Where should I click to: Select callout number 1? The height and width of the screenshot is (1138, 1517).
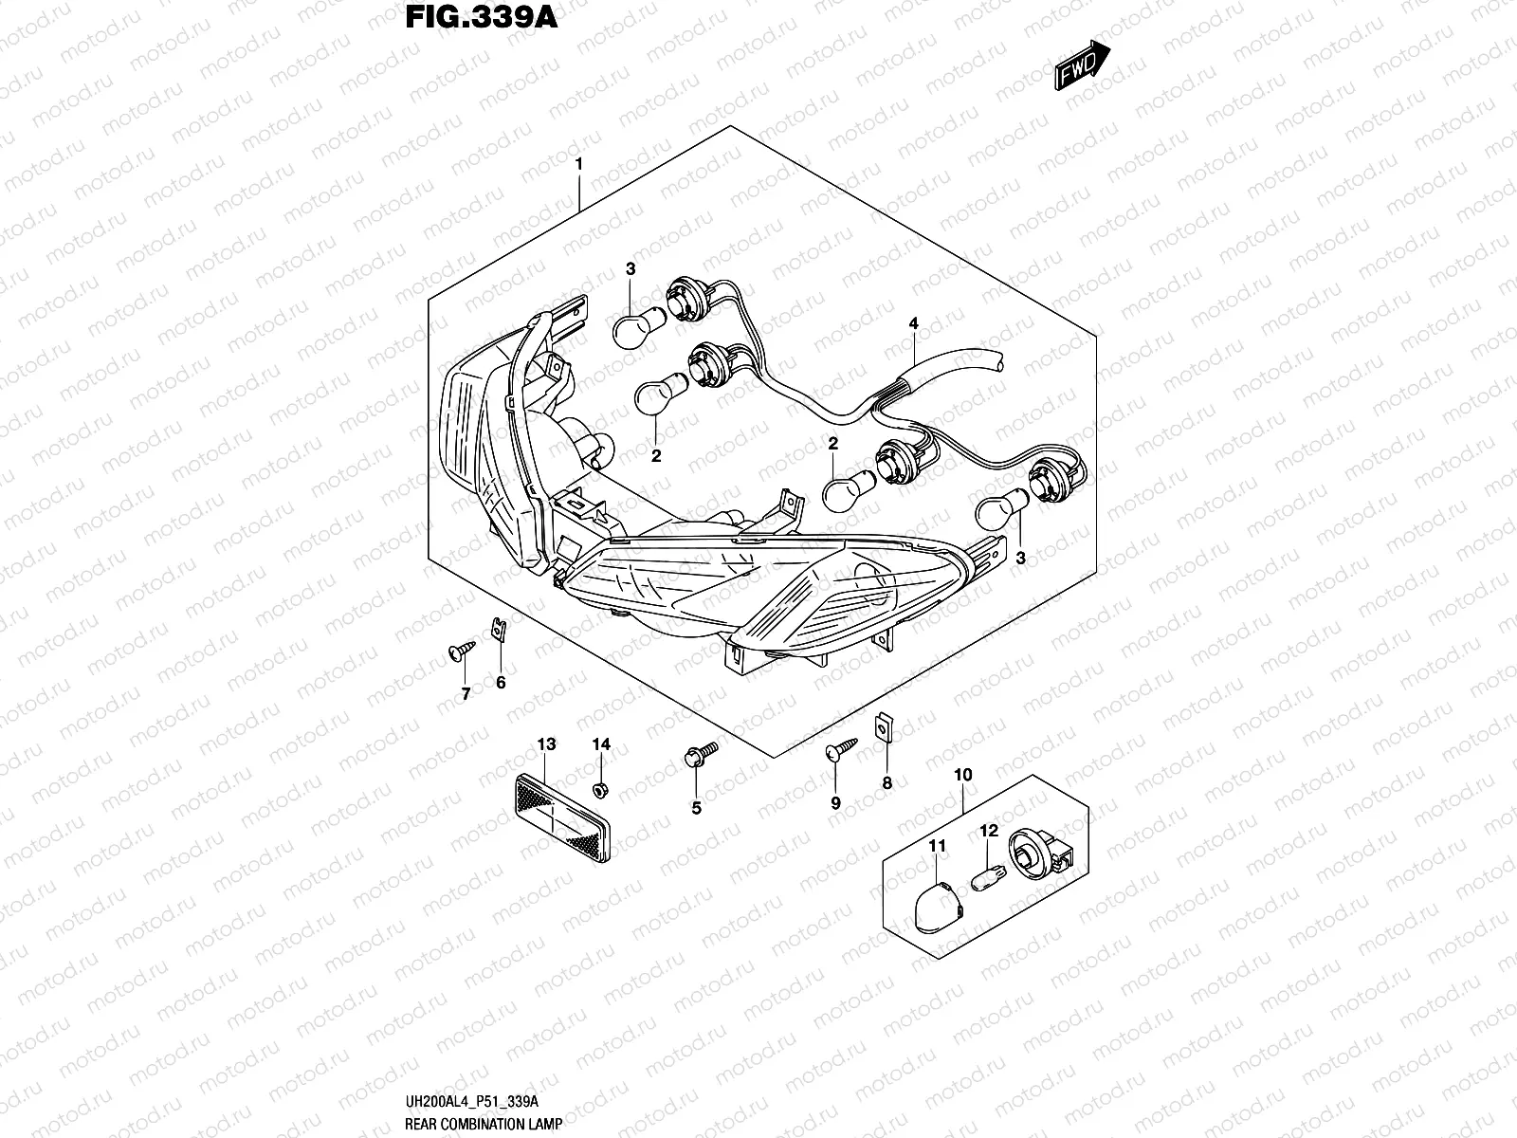point(605,164)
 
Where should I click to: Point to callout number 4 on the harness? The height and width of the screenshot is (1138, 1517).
point(913,324)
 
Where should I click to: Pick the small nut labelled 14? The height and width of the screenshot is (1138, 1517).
point(600,790)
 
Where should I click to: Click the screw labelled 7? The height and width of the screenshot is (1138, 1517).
point(459,652)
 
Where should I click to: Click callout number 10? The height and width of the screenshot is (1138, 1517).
point(963,776)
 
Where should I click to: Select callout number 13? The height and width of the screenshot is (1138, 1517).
point(546,744)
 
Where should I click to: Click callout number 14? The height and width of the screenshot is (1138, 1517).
point(601,744)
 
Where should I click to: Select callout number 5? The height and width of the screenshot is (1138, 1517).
point(696,809)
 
